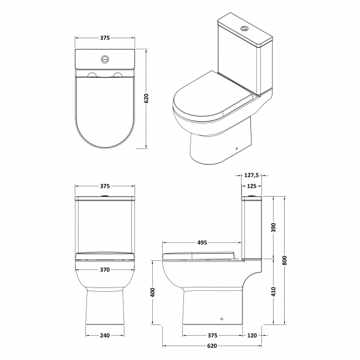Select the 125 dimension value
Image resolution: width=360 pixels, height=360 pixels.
point(252,186)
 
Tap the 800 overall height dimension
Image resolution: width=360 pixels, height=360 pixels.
point(285,259)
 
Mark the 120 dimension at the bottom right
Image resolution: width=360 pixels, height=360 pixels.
point(253,335)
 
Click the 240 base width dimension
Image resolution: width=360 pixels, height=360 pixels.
point(104,335)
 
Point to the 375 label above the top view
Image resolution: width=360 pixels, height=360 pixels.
point(104,38)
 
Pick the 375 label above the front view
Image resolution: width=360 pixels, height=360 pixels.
point(104,186)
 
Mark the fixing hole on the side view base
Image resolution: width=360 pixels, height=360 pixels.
point(221,320)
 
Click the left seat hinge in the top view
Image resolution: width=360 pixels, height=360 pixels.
point(91,74)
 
